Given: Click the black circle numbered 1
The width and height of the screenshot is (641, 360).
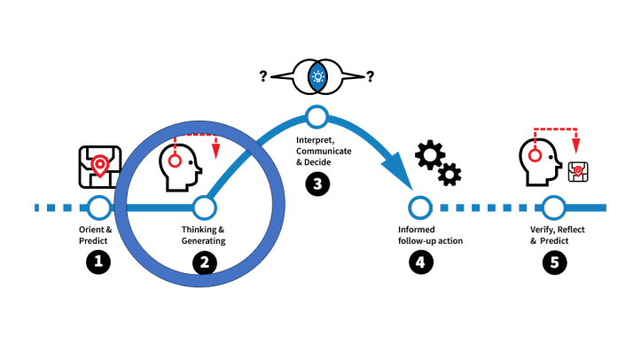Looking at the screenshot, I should pos(99,261).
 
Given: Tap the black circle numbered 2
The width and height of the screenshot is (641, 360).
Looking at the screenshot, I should pos(205,262).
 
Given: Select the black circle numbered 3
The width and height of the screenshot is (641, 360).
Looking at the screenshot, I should pos(317,183).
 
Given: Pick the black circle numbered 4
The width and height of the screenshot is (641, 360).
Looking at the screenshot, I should pos(419,262).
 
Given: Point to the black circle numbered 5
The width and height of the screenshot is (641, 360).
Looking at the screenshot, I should pos(554,262).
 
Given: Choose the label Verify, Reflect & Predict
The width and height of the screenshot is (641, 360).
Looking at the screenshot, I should pos(553,235).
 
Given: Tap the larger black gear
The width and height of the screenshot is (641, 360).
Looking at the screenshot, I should pos(431,156).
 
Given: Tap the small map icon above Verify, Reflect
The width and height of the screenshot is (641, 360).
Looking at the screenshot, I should pos(579,172).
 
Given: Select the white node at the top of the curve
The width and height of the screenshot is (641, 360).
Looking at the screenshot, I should pos(317,115).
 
